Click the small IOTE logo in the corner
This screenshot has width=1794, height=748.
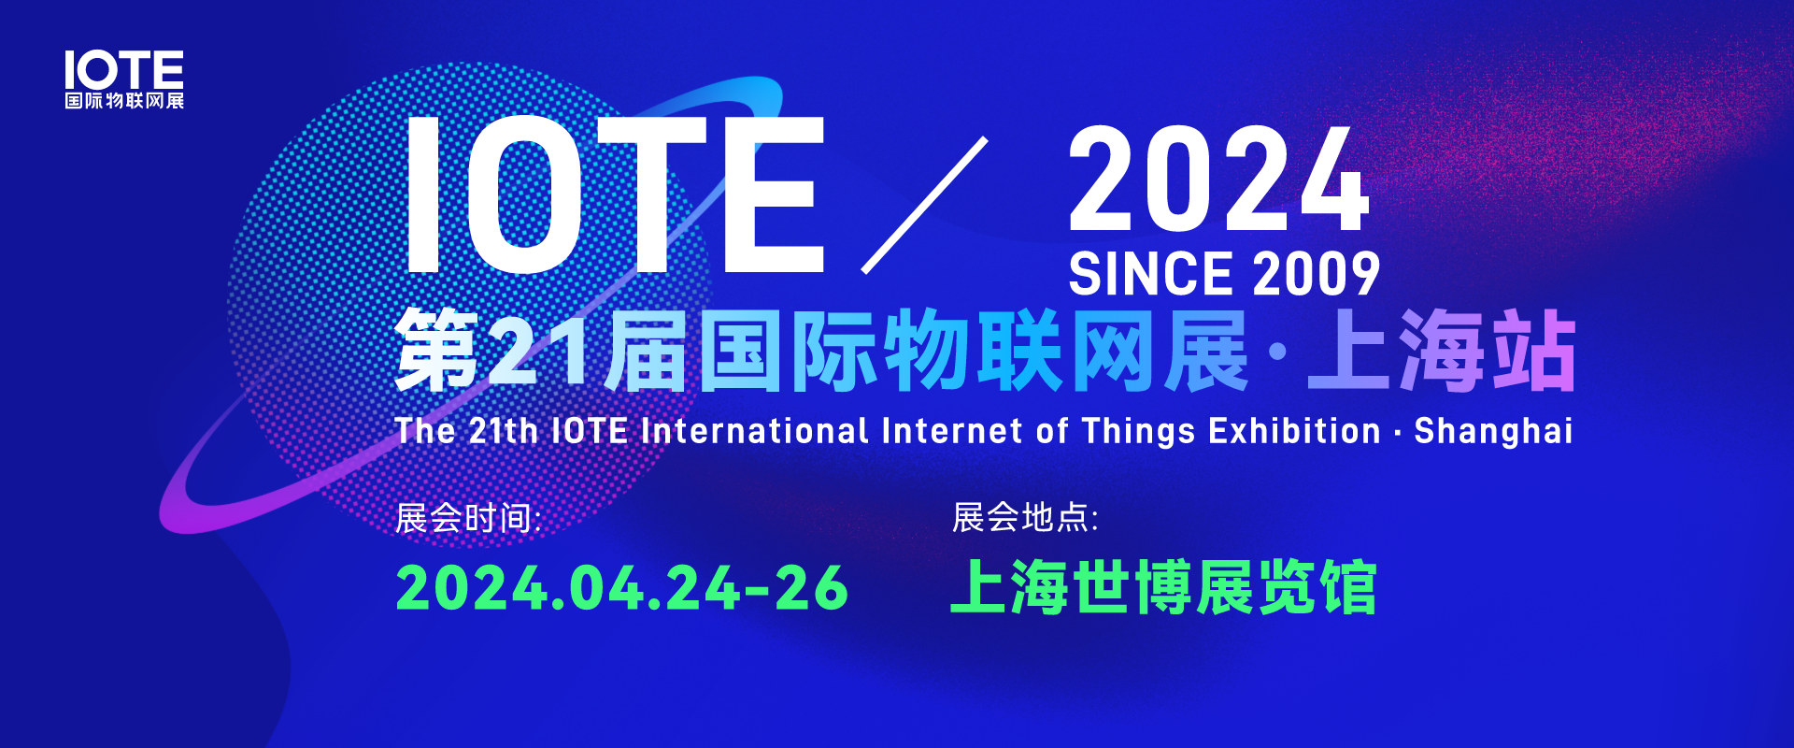[x=124, y=79]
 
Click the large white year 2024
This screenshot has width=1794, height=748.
[x=1219, y=179]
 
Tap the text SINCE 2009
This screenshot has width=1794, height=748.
[x=1224, y=274]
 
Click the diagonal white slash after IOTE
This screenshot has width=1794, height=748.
[x=924, y=205]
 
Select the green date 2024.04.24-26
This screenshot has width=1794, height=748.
[x=622, y=588]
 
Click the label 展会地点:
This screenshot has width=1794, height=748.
[x=1025, y=517]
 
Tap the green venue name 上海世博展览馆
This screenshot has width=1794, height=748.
[x=1163, y=587]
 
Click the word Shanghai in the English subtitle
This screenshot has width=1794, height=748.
[x=1493, y=431]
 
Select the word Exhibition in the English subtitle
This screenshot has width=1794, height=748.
[x=1294, y=430]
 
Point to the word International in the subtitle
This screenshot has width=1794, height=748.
[x=755, y=430]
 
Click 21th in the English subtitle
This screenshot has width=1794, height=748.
[x=503, y=430]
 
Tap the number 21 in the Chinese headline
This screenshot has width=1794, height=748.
[x=536, y=350]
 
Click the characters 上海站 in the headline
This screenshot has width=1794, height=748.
[x=1442, y=351]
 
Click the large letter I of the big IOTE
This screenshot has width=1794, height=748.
[x=423, y=194]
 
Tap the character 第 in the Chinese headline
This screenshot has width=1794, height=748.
[x=437, y=351]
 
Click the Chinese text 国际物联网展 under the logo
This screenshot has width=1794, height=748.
[x=124, y=100]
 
